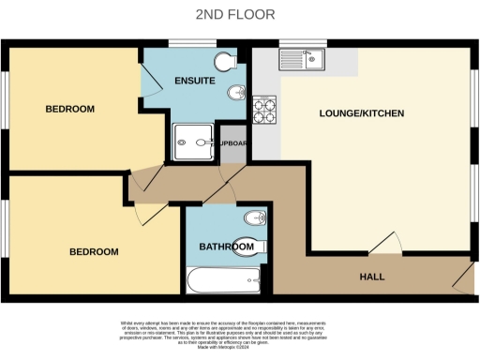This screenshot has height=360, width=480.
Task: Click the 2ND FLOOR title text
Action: point(240,14)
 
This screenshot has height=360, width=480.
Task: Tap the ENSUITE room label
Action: point(195,82)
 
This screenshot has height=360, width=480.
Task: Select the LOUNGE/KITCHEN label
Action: point(362,113)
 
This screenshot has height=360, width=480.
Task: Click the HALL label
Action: point(373,277)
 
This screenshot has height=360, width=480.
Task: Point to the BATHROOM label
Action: point(227,247)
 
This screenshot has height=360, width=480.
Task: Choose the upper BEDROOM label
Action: point(70,110)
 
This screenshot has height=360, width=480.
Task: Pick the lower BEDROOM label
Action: point(94,252)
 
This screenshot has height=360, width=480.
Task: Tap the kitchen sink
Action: point(306,59)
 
